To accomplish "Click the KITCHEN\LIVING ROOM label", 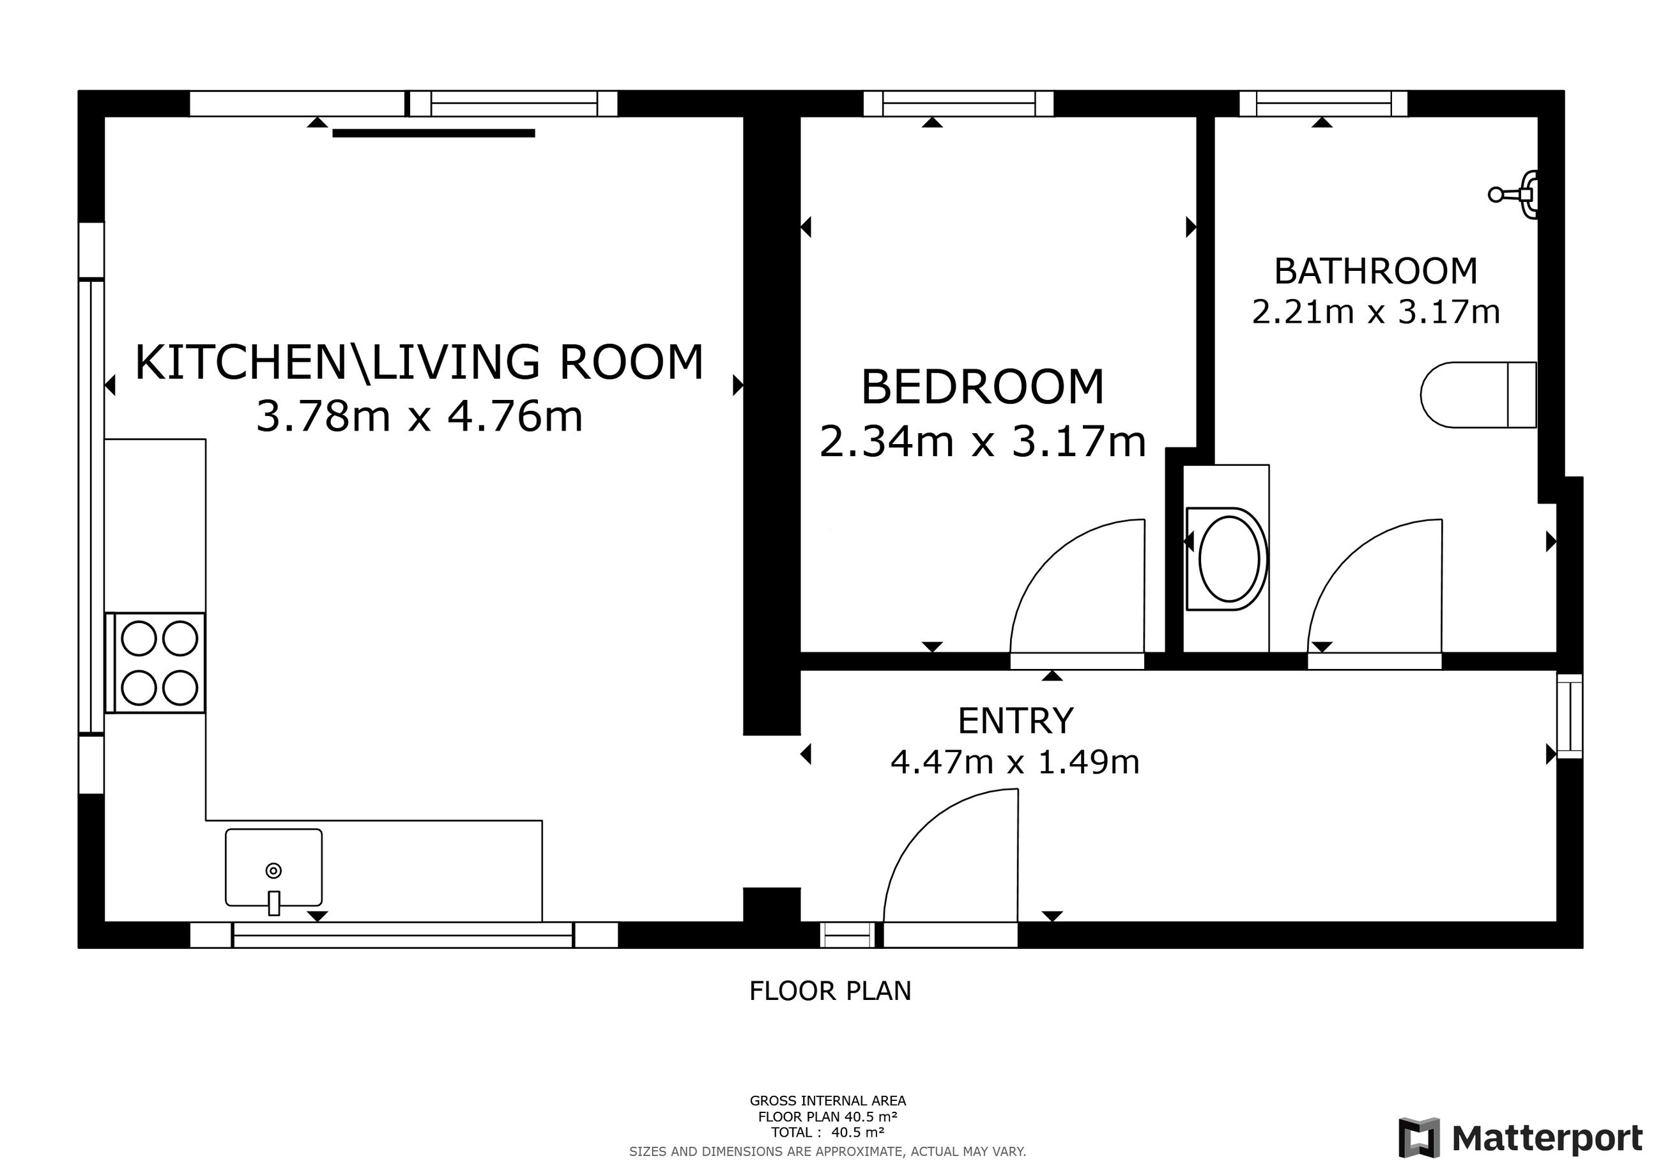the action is click(x=420, y=362).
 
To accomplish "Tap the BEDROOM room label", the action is click(x=983, y=387).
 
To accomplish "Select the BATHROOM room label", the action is click(x=1375, y=272).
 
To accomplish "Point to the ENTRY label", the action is click(x=1016, y=721).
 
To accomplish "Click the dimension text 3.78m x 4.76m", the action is click(x=420, y=417).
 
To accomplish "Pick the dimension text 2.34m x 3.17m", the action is click(x=983, y=442).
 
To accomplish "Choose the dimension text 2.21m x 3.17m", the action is click(x=1376, y=312).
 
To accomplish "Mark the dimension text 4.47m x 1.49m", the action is click(x=1015, y=762).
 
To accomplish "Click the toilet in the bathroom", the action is click(x=1478, y=395).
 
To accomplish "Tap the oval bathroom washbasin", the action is click(x=1228, y=559).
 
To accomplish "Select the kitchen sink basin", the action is click(x=273, y=868).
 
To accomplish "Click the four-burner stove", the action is click(x=155, y=663).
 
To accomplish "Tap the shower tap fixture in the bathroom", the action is click(x=1513, y=194).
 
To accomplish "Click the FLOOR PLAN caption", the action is click(x=830, y=991).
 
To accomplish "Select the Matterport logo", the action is click(x=1520, y=1138).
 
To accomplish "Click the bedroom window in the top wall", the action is click(x=958, y=104).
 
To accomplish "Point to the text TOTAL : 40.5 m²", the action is click(x=827, y=1132).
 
